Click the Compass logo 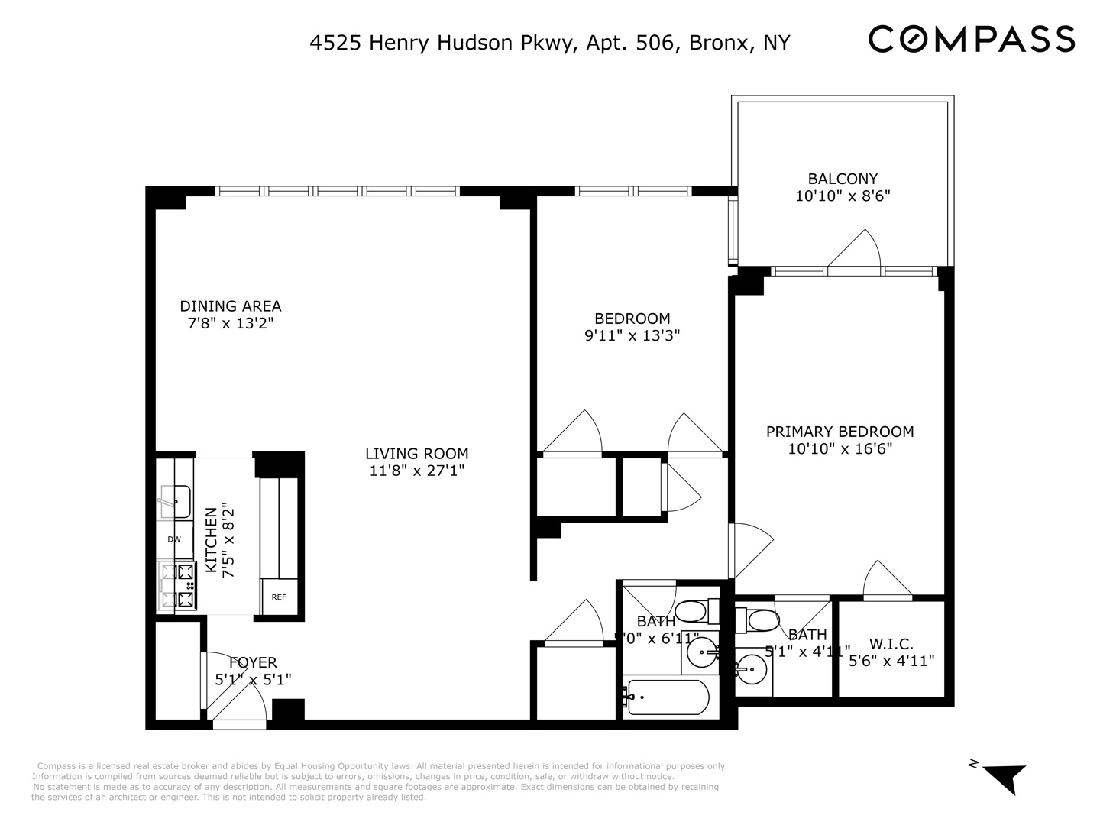coord(972,39)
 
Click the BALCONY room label coord(843,180)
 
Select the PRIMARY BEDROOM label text coord(840,432)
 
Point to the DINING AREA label coord(230,306)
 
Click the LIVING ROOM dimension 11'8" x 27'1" coord(416,471)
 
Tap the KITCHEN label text coord(210,532)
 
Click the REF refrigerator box coord(279,597)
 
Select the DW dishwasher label coord(174,539)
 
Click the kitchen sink coord(175,501)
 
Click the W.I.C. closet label coord(891,644)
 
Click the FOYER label coord(253,662)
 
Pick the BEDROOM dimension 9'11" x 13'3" coord(632,335)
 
